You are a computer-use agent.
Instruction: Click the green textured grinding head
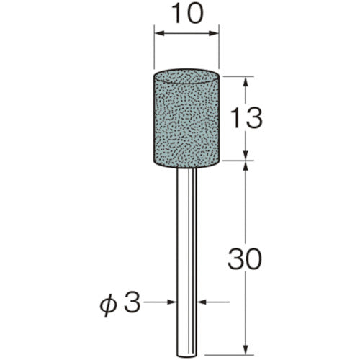(x=187, y=115)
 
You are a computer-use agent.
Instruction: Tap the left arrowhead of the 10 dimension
(x=158, y=33)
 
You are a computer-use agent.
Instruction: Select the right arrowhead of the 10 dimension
(x=216, y=33)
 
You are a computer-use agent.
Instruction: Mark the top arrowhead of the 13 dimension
(x=247, y=79)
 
